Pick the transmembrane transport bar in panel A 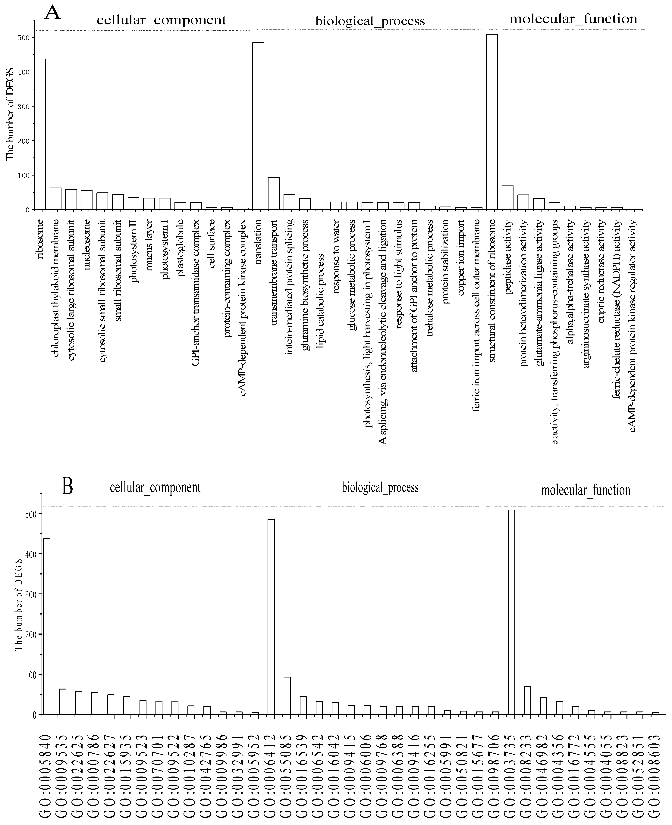coord(274,194)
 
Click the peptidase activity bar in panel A coord(507,197)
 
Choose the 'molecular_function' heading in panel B coord(585,490)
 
